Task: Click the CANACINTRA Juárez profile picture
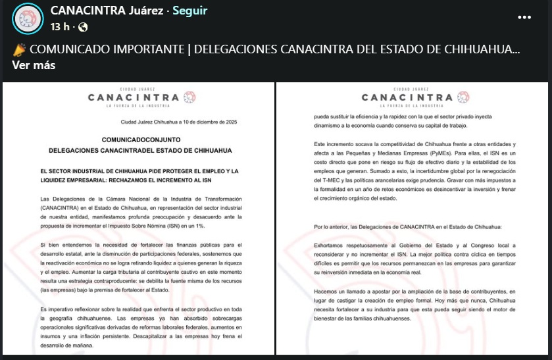point(27,18)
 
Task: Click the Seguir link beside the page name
point(189,11)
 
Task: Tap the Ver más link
point(34,65)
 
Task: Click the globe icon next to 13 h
point(83,27)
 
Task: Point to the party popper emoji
point(18,50)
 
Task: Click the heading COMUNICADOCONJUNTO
point(139,141)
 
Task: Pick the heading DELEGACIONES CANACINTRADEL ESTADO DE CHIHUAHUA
point(139,151)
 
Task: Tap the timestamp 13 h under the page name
point(61,27)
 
